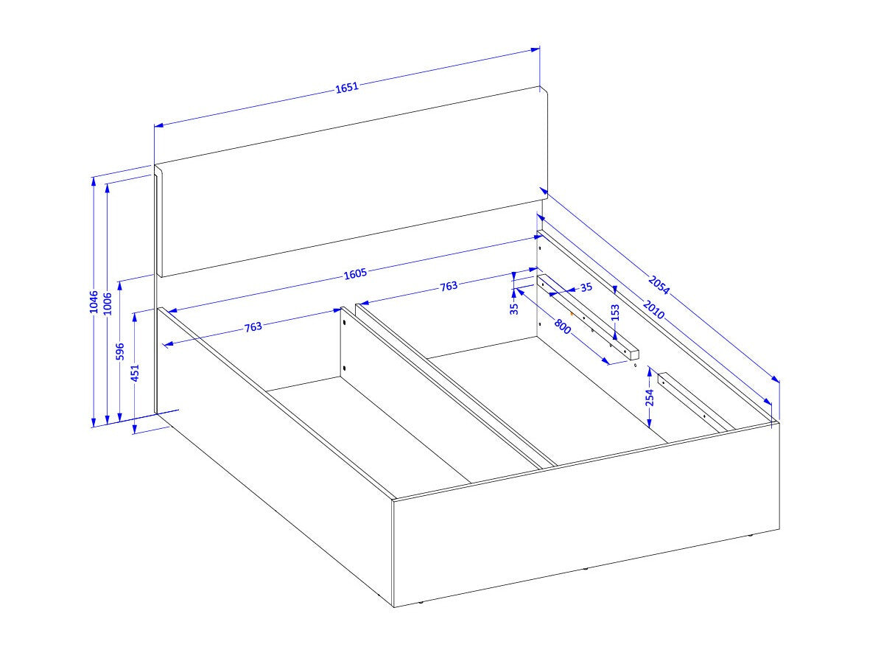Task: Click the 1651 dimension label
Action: coord(347,87)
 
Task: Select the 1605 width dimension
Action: coord(355,273)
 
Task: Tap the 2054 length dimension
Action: coord(659,285)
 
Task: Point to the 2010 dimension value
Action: coord(653,309)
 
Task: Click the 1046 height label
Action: coord(94,302)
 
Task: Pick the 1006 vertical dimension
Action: coord(108,304)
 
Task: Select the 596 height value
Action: coord(119,352)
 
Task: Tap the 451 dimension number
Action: coord(135,373)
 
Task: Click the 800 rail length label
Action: coord(563,326)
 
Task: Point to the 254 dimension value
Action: coord(650,397)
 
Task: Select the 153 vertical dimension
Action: coord(615,313)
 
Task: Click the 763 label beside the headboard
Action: coord(449,286)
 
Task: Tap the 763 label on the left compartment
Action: coord(253,326)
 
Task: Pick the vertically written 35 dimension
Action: coord(514,309)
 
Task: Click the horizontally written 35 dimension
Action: coord(586,288)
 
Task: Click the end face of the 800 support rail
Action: coord(634,354)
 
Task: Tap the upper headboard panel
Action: coord(351,182)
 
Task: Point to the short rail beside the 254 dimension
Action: coord(695,402)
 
